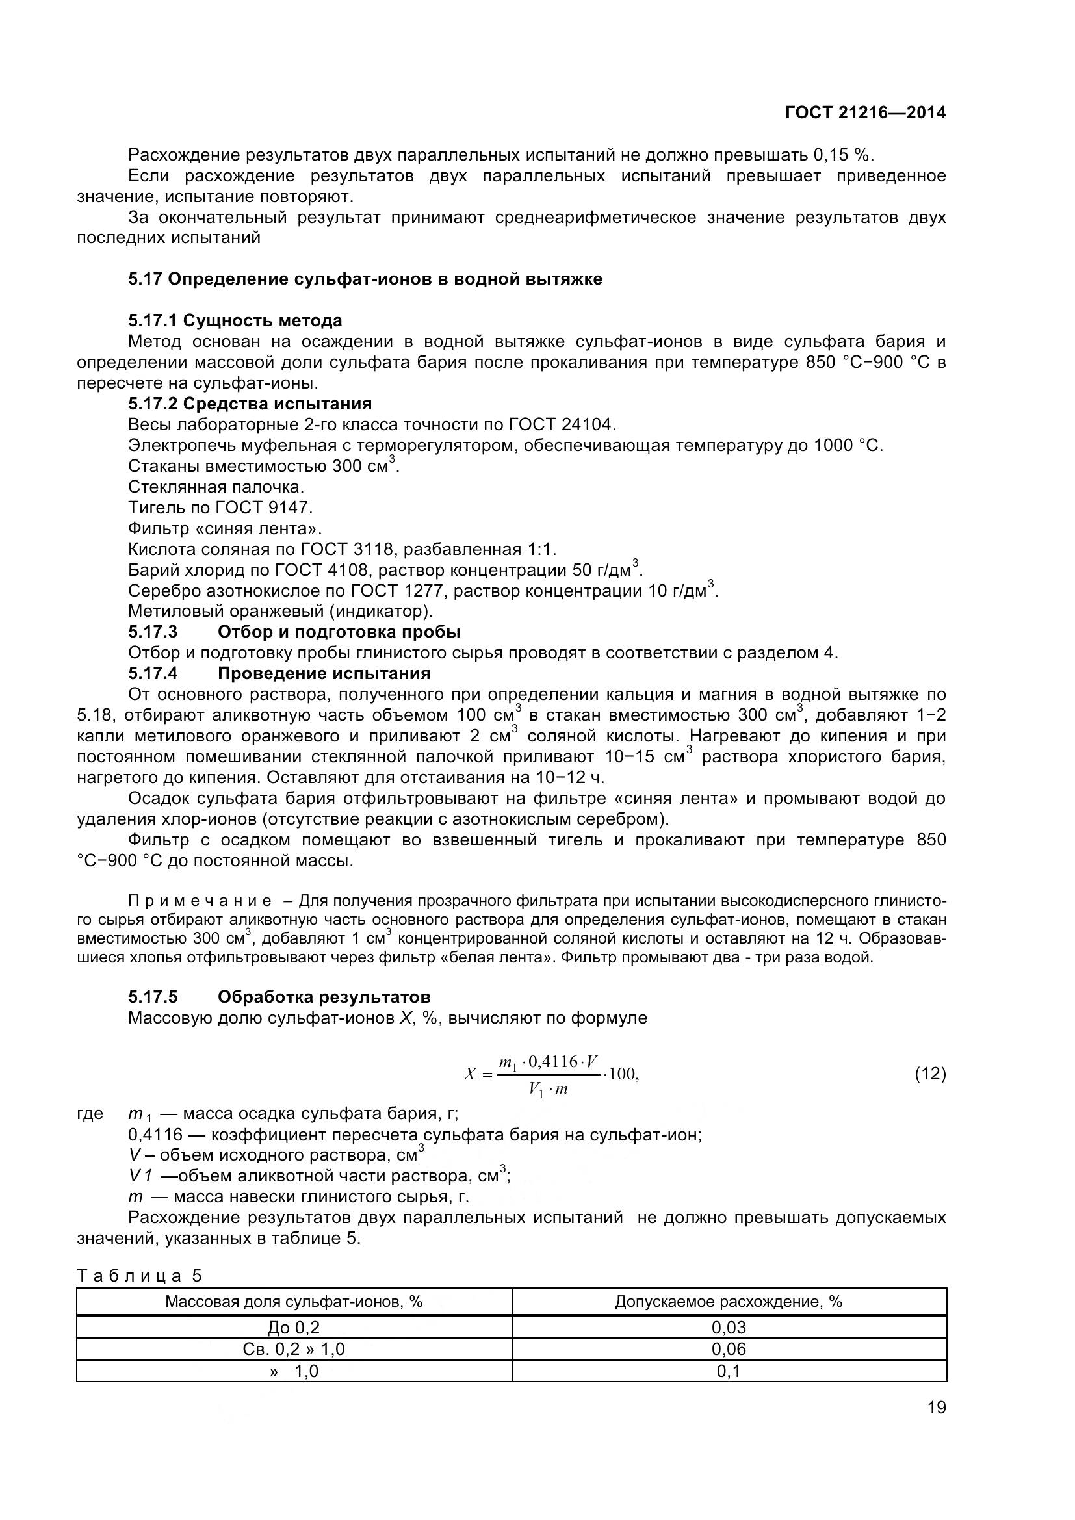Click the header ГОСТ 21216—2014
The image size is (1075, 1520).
tap(865, 112)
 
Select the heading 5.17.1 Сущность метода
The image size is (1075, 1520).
tap(235, 321)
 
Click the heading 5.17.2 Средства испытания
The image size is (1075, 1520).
tap(250, 404)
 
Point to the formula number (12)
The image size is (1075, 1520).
tap(930, 1073)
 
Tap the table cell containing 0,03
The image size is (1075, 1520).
tap(728, 1328)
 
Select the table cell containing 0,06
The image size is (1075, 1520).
tap(728, 1349)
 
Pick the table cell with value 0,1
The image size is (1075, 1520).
tap(728, 1372)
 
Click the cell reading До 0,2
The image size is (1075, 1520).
tap(293, 1328)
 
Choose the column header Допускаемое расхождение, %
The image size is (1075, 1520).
tap(728, 1302)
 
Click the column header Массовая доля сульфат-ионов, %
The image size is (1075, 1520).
tap(293, 1302)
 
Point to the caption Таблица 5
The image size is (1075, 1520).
tap(140, 1276)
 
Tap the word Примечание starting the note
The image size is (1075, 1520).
tap(200, 901)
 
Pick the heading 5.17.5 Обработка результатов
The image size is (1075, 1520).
tap(279, 997)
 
